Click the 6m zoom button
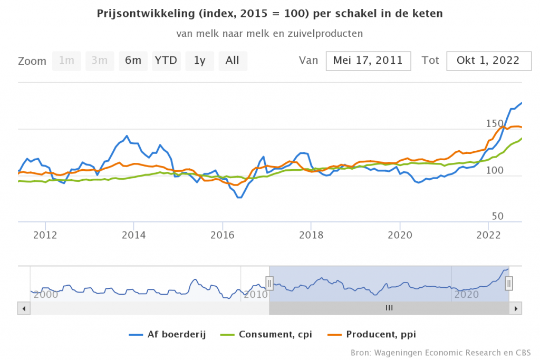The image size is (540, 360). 133,61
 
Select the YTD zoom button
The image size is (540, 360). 166,61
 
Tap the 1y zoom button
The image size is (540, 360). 199,61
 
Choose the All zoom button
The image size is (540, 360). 233,61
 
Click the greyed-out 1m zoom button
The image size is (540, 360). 66,61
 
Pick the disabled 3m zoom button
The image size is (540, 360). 99,61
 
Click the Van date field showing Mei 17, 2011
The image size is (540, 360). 368,61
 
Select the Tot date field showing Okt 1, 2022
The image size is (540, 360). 488,61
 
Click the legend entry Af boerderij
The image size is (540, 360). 168,334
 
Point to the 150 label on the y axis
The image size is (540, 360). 495,123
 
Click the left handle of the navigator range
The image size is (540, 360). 269,284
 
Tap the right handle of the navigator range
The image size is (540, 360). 509,284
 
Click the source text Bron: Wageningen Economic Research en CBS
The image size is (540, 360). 440,352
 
